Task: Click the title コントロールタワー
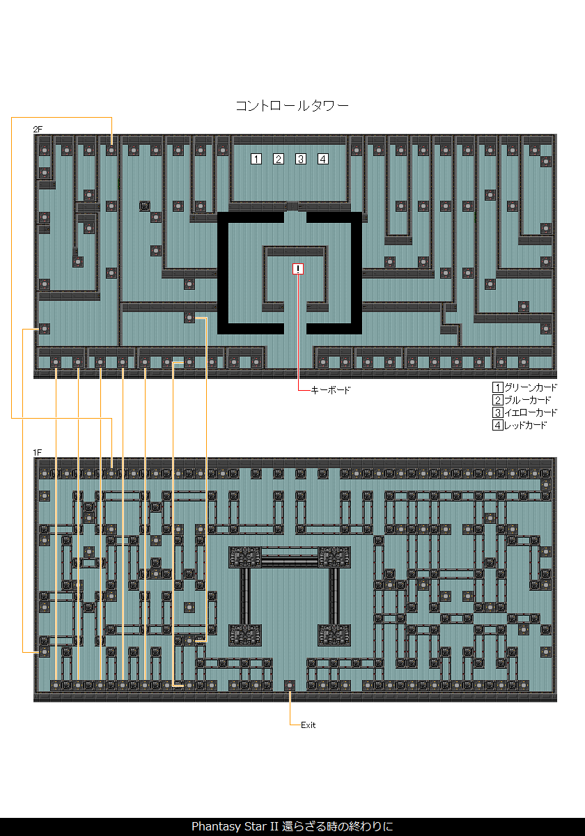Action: point(292,106)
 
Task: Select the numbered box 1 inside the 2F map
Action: point(256,159)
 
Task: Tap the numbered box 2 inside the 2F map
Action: point(279,159)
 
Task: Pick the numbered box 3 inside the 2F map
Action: point(301,159)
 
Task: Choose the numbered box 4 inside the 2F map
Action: point(323,159)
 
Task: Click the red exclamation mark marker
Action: point(298,270)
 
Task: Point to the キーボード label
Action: point(331,391)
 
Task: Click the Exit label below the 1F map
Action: point(309,725)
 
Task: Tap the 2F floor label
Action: point(38,130)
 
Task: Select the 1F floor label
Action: point(38,453)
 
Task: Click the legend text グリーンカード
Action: point(531,388)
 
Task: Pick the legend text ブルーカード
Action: point(527,401)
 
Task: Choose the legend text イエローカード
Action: point(531,413)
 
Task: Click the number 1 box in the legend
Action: point(497,388)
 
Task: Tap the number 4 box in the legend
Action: point(497,426)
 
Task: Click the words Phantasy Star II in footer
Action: point(235,827)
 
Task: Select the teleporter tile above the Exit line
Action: point(290,685)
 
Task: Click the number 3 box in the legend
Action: point(497,413)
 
